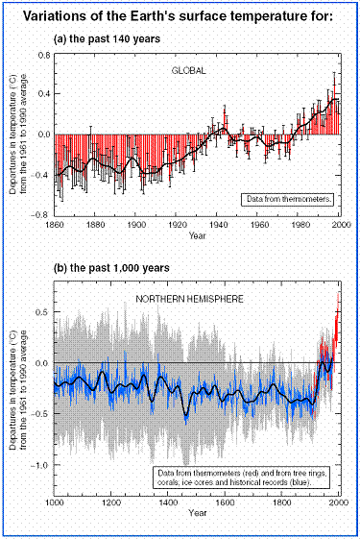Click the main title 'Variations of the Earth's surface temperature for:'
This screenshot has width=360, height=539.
pyautogui.click(x=180, y=16)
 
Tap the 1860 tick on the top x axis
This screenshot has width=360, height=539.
pyautogui.click(x=56, y=224)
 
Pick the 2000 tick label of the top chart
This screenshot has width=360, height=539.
pyautogui.click(x=340, y=224)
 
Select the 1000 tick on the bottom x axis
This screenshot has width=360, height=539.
pyautogui.click(x=54, y=502)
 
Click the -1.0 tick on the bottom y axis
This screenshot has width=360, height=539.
pyautogui.click(x=40, y=465)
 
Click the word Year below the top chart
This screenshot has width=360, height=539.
pyautogui.click(x=197, y=233)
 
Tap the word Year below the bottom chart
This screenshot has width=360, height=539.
pyautogui.click(x=197, y=514)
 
